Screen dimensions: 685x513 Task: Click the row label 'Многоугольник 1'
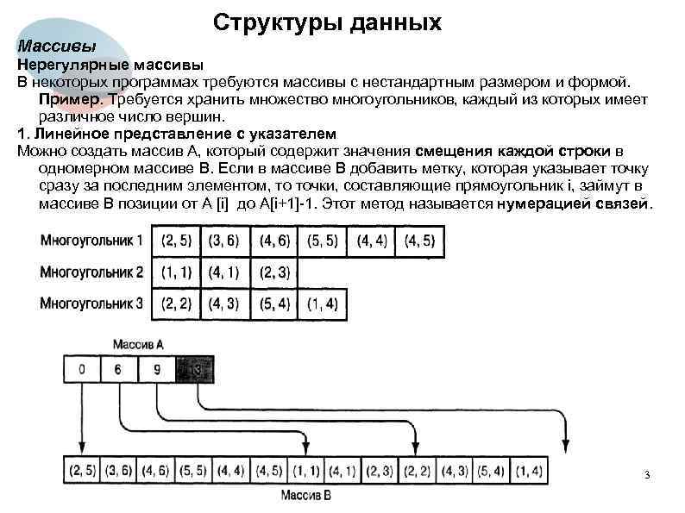91,241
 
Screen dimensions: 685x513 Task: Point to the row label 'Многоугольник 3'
91,303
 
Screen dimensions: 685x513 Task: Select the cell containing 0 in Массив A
81,371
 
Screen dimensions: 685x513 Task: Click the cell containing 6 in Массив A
118,371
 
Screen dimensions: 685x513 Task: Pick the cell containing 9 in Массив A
155,371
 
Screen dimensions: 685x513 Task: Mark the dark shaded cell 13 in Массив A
192,371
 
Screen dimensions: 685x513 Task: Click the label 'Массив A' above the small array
138,343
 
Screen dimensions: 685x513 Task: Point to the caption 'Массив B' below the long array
305,496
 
